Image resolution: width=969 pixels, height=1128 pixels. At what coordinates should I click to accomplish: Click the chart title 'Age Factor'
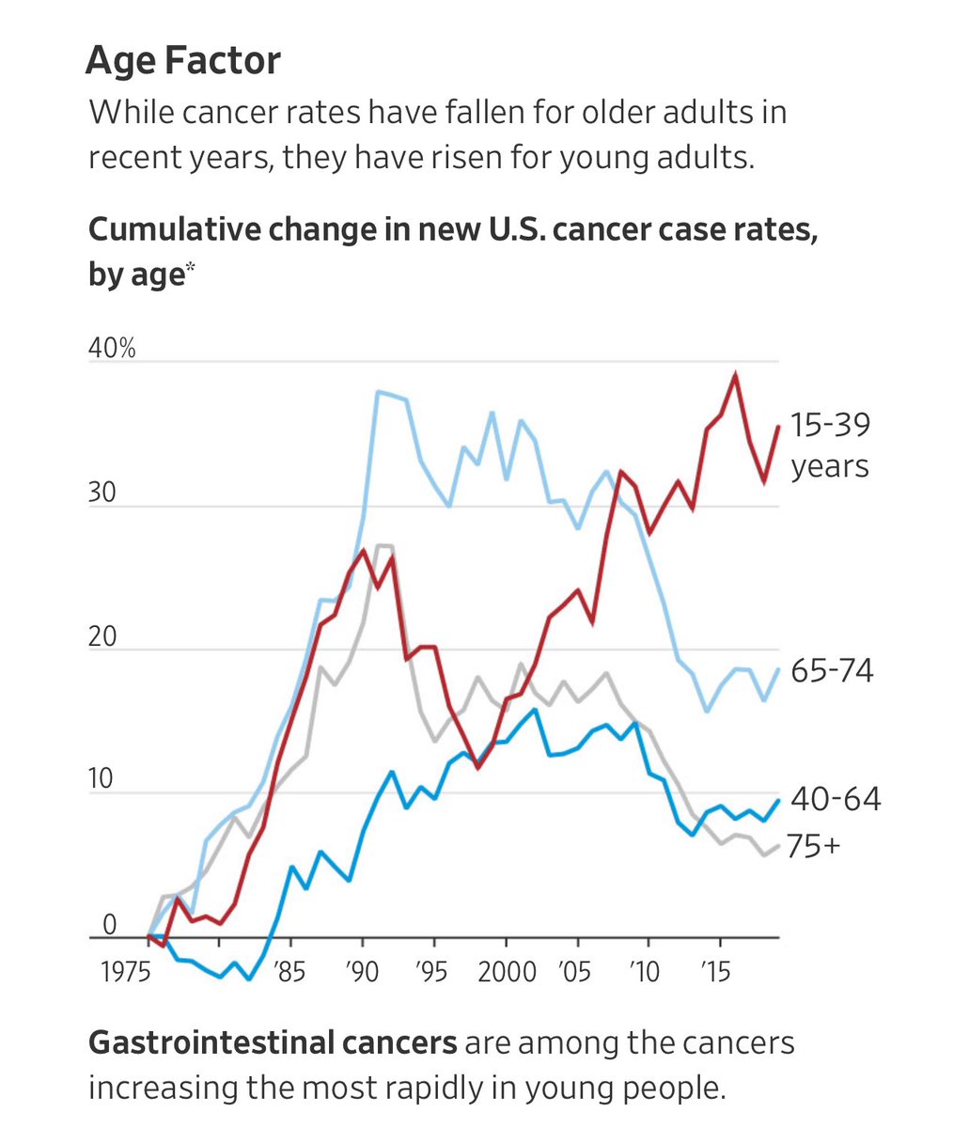pos(182,61)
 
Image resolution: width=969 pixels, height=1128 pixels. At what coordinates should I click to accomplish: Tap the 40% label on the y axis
pos(112,348)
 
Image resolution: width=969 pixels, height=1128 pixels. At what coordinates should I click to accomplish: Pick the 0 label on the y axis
pos(109,925)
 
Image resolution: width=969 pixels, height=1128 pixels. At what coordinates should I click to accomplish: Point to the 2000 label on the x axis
pos(506,970)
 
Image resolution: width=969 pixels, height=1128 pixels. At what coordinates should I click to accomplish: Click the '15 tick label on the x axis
pos(716,970)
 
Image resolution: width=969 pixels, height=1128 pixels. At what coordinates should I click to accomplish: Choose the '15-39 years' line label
pos(830,445)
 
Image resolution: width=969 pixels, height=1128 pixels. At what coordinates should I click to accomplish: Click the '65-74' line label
pos(832,670)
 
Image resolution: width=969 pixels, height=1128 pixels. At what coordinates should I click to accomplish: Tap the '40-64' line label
pos(836,799)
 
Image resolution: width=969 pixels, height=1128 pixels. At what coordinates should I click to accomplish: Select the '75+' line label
pos(813,846)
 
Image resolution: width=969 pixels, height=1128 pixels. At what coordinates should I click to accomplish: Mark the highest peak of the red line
pos(735,374)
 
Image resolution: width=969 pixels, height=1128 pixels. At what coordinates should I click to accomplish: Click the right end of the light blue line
pos(778,668)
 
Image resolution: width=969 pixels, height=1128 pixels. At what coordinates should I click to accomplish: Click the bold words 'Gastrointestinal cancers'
pos(272,1042)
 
